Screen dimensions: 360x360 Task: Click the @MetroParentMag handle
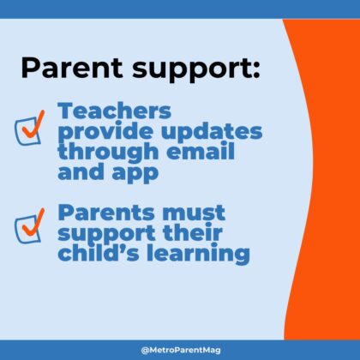[179, 350]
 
